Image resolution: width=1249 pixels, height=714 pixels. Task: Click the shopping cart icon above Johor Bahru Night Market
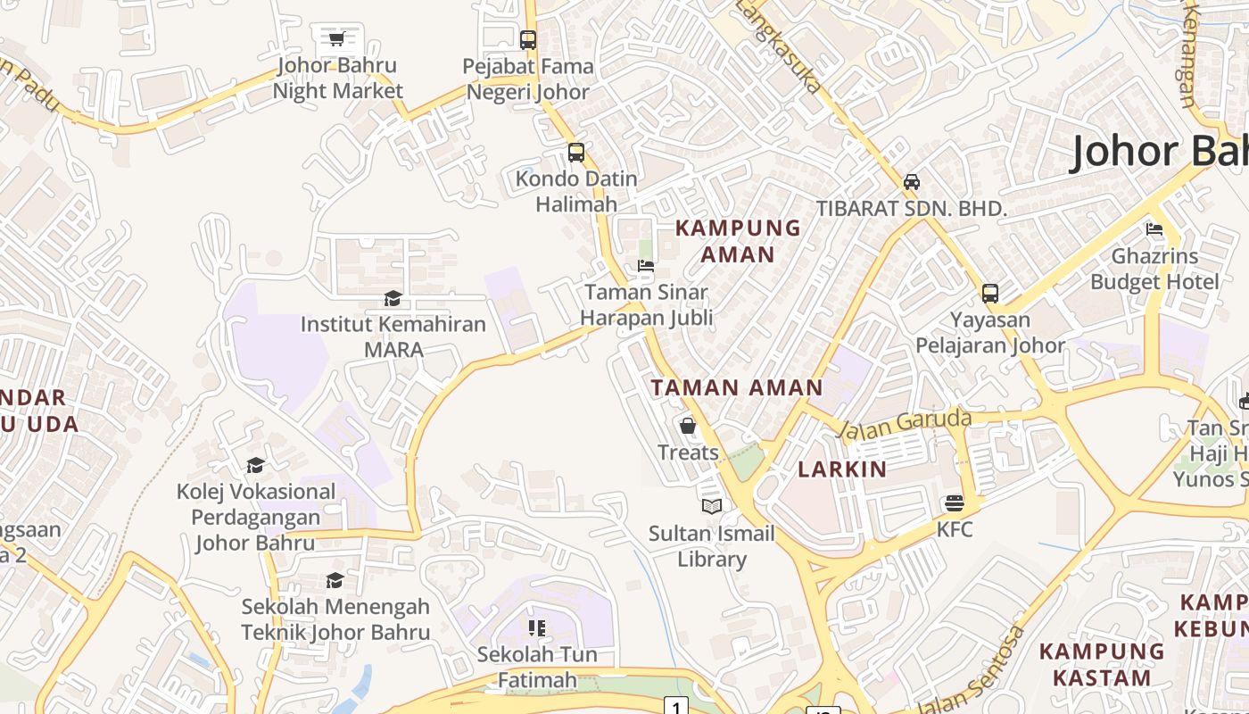336,38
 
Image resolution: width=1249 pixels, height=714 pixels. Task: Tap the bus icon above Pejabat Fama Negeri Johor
528,39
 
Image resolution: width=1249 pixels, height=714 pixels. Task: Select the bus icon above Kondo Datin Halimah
576,153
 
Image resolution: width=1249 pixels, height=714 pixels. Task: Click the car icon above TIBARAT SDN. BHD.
912,182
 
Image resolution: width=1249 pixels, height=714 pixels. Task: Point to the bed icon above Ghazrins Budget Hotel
1154,229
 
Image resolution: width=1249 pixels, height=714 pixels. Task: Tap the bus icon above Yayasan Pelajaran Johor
990,293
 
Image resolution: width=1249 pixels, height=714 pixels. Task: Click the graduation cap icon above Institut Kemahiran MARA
393,298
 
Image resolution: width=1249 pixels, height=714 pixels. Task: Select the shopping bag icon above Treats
688,426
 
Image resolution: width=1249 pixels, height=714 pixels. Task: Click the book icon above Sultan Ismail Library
711,507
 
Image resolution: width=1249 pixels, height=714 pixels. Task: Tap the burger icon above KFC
955,503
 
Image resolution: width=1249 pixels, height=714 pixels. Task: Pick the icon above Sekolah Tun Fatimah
536,628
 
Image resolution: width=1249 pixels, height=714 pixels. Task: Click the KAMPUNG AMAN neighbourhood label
738,241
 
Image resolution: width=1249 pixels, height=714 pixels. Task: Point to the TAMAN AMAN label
737,387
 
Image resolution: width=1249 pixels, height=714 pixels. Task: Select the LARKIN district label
842,469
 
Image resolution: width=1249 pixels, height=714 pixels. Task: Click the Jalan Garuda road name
905,424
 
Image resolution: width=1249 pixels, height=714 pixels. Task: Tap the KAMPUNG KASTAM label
1102,664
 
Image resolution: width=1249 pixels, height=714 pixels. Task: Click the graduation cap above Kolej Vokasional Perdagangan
255,465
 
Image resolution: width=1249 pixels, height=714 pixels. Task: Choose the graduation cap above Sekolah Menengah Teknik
335,581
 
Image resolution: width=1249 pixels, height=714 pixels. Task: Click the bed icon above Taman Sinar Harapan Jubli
646,266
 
